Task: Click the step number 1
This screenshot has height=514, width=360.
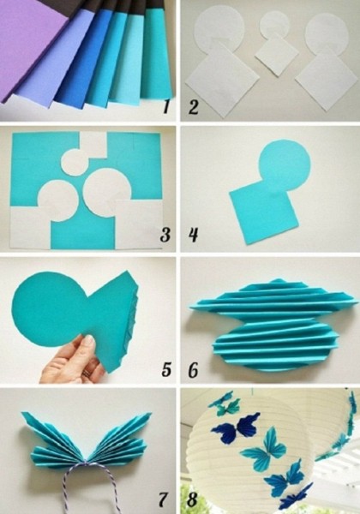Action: pyautogui.click(x=166, y=106)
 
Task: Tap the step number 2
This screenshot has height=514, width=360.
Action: pyautogui.click(x=193, y=107)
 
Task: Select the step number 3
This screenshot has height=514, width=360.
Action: pyautogui.click(x=165, y=235)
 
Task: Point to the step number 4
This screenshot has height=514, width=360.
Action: pyautogui.click(x=194, y=235)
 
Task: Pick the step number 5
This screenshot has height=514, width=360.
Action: pyautogui.click(x=166, y=370)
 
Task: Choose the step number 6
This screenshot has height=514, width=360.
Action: pyautogui.click(x=193, y=370)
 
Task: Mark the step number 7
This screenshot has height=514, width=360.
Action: pyautogui.click(x=163, y=500)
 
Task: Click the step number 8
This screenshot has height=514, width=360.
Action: pyautogui.click(x=192, y=500)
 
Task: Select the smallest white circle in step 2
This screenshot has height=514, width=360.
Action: pyautogui.click(x=275, y=24)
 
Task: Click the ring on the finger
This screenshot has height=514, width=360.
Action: pyautogui.click(x=87, y=374)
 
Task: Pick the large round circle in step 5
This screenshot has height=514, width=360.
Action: pyautogui.click(x=49, y=310)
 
